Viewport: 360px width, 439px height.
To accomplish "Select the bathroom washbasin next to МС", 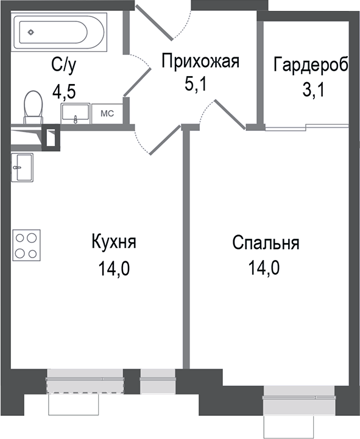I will click(x=75, y=113).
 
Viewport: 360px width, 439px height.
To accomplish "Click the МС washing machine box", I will click(x=107, y=113).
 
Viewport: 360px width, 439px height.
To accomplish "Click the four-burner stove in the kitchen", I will click(x=26, y=245).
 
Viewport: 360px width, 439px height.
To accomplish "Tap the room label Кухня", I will click(x=113, y=241).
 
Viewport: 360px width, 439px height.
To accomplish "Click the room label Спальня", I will click(x=265, y=243).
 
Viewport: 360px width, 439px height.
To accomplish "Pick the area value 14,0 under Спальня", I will click(x=265, y=268).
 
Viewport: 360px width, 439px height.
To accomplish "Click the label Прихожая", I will click(x=200, y=61).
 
